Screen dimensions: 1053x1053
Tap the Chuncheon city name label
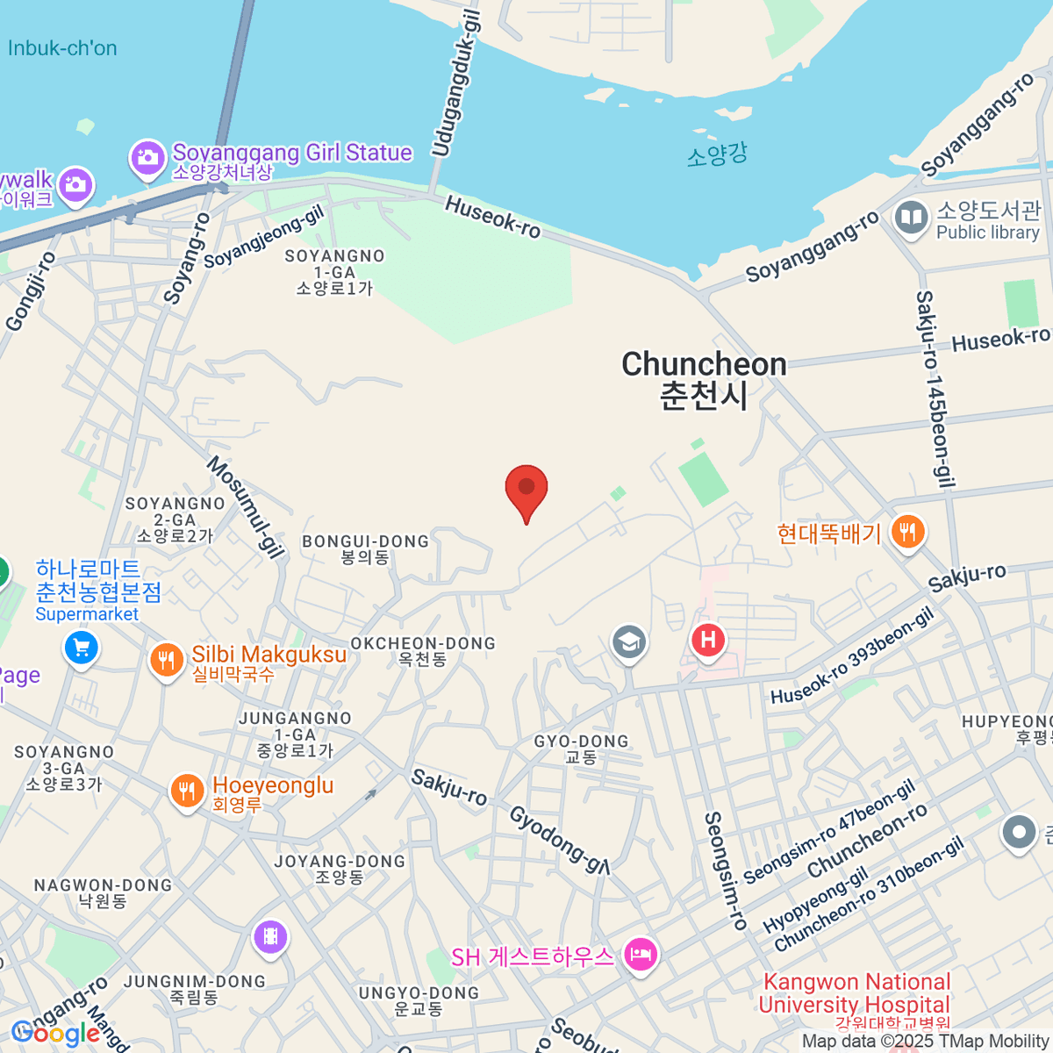coord(704,379)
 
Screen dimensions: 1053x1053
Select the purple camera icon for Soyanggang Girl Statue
coord(147,158)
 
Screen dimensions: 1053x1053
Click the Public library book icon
coord(912,218)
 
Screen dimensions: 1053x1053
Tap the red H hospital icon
coord(708,640)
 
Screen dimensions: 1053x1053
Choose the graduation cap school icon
coord(628,642)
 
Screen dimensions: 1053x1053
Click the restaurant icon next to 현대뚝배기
coord(907,532)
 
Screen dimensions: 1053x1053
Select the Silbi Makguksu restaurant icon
coord(166,660)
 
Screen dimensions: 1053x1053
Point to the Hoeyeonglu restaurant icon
coord(186,792)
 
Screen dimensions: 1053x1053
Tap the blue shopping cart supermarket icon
coord(82,648)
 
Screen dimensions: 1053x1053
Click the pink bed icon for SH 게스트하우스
coord(641,954)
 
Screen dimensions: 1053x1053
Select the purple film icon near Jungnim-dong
coord(270,937)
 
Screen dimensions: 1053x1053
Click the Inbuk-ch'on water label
coord(62,48)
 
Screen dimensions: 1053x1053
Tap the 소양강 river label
coord(717,155)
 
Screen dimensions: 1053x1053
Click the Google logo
coord(55,1033)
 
